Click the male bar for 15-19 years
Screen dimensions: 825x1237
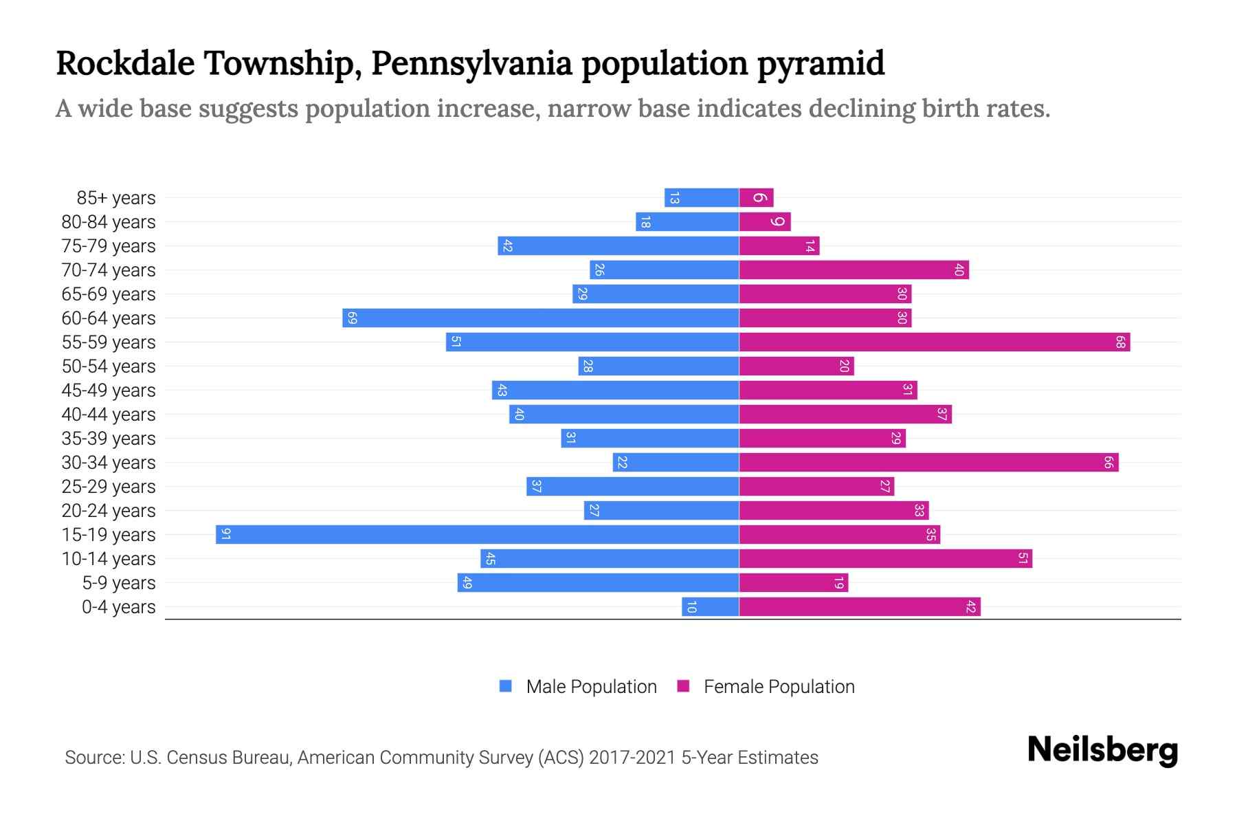477,535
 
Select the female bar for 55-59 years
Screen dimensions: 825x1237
935,342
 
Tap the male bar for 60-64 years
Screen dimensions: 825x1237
541,318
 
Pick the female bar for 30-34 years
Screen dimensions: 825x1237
928,463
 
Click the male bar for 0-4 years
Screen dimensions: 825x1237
710,607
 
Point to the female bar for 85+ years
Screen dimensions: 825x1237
756,198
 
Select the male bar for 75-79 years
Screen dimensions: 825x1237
618,246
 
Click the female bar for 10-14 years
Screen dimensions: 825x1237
885,559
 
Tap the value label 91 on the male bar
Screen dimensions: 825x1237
225,535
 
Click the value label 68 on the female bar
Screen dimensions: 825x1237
1120,342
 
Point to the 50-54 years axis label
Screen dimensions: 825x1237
109,366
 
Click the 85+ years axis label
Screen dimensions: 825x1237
116,198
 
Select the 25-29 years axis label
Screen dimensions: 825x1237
109,487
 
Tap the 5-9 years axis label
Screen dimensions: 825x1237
119,583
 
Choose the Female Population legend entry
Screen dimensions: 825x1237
766,687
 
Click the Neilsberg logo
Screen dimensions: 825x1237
1102,749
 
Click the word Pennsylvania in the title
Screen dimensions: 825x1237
471,63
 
